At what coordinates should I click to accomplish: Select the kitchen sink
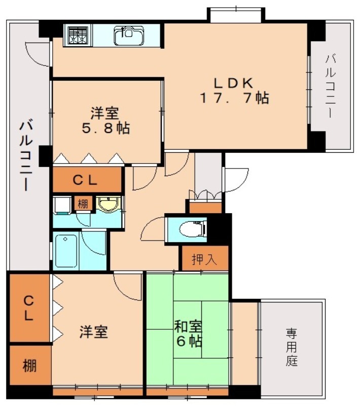(127, 35)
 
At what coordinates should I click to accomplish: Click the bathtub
(65, 251)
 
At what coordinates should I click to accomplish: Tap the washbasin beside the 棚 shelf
(107, 205)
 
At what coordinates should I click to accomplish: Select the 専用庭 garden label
(291, 347)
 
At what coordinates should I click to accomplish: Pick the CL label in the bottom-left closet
(28, 308)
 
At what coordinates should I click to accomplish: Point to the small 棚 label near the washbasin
(82, 204)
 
